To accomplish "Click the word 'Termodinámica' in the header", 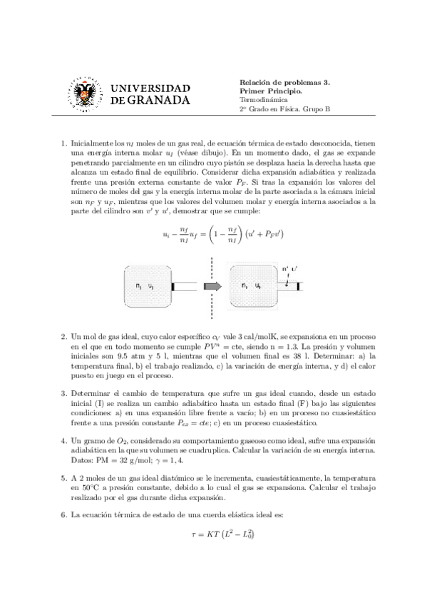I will coord(263,101).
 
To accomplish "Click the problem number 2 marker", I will coord(64,335).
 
